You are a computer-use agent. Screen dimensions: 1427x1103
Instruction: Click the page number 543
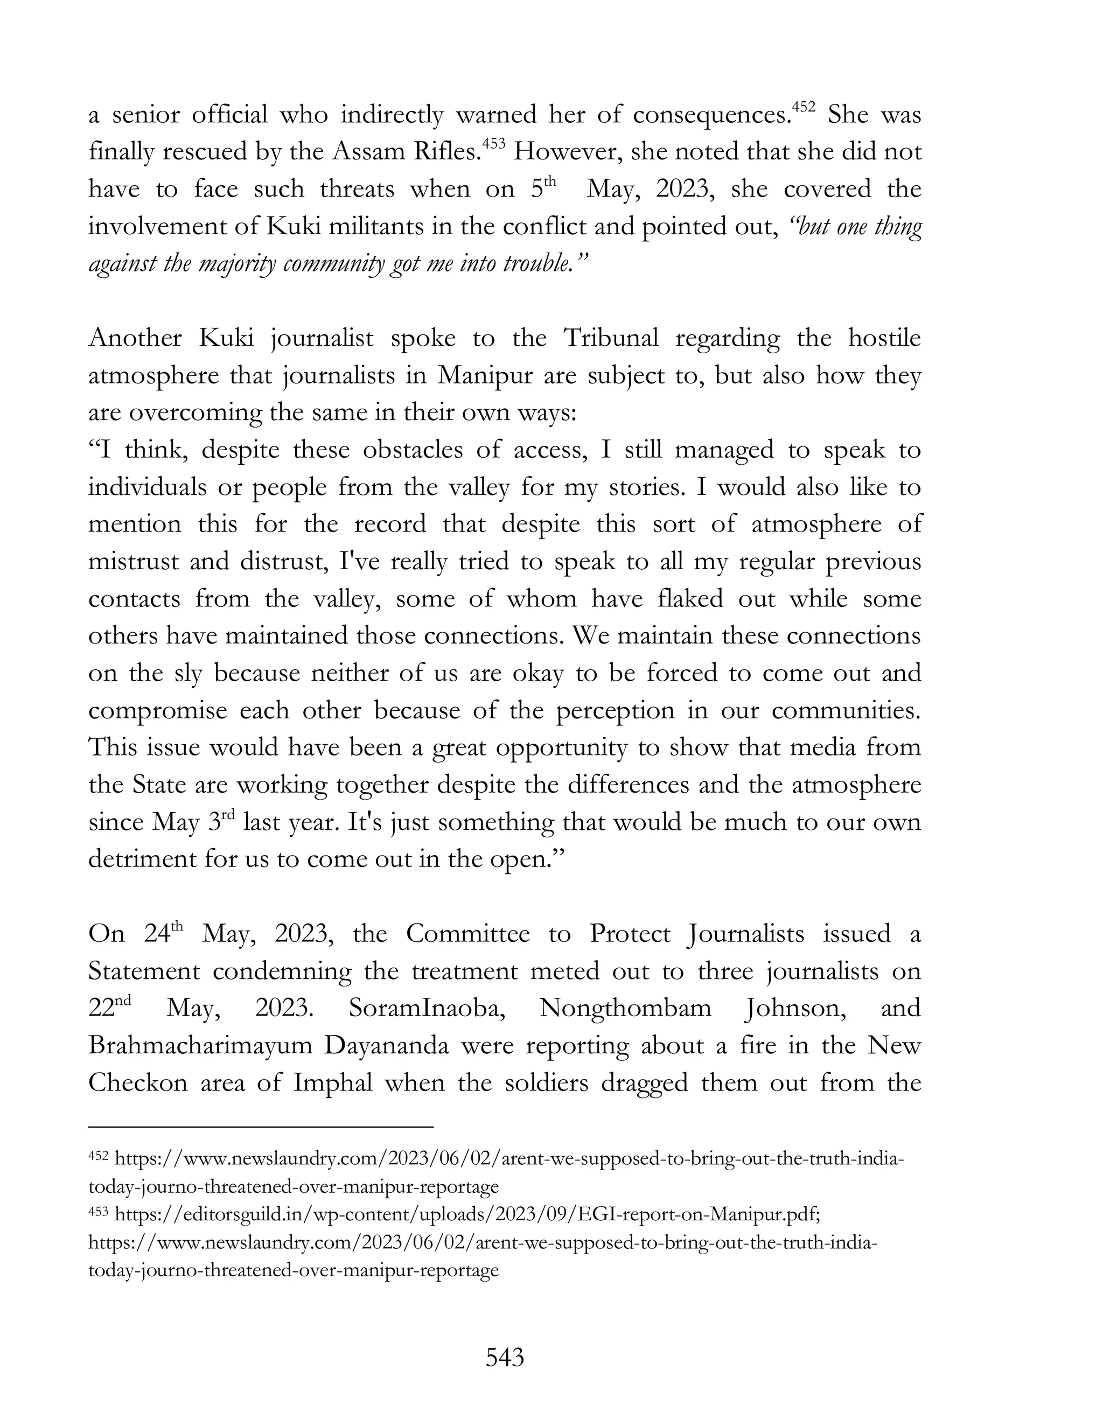[x=505, y=1358]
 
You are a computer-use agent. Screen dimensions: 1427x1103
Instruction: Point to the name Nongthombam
[x=625, y=1008]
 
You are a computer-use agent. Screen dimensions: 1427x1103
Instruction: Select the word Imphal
[x=333, y=1083]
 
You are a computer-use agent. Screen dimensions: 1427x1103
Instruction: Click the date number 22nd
[x=109, y=1008]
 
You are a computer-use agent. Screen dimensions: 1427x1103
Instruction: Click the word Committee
[x=467, y=934]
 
